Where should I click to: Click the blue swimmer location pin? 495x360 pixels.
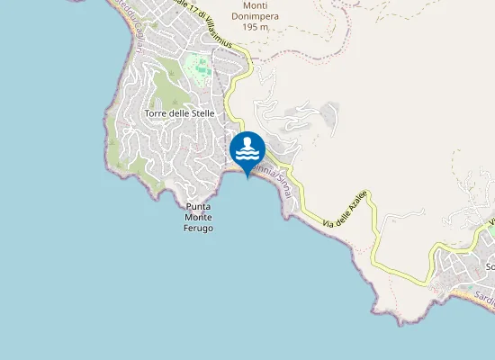[x=247, y=150]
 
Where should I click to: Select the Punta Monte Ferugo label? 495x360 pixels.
[x=198, y=218]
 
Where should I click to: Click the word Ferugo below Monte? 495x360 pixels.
[x=198, y=229]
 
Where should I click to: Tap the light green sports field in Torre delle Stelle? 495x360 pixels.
[x=197, y=66]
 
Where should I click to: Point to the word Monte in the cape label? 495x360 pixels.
[x=198, y=218]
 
